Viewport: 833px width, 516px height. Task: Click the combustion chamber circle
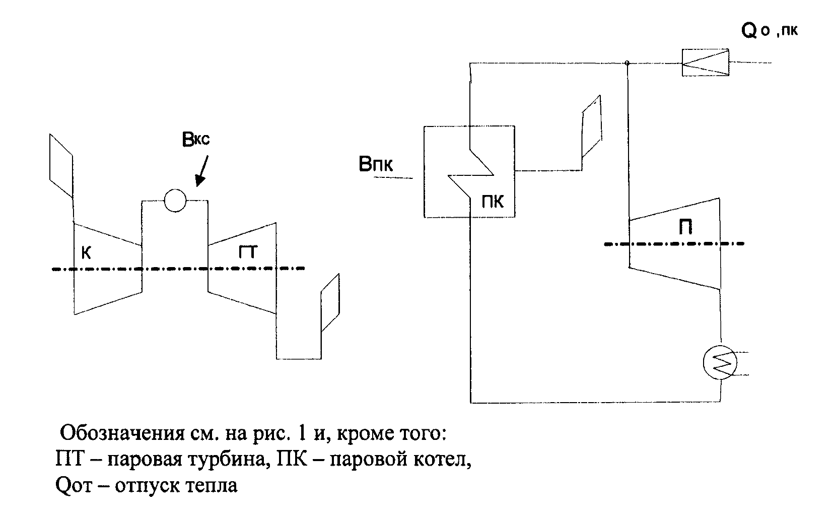pyautogui.click(x=175, y=201)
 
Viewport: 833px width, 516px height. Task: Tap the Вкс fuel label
pyautogui.click(x=195, y=139)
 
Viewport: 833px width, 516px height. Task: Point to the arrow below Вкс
pyautogui.click(x=203, y=171)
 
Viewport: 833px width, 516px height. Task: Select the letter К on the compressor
pyautogui.click(x=86, y=253)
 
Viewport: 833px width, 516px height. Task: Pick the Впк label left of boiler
pyautogui.click(x=375, y=165)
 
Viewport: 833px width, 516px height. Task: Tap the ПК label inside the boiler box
pyautogui.click(x=492, y=202)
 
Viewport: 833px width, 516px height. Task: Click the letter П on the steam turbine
pyautogui.click(x=684, y=228)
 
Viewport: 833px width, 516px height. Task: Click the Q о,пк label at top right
pyautogui.click(x=769, y=31)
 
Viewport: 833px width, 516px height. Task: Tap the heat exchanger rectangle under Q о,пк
pyautogui.click(x=705, y=62)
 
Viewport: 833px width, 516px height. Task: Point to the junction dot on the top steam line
pyautogui.click(x=627, y=63)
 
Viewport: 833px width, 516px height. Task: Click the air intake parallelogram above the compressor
pyautogui.click(x=61, y=165)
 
